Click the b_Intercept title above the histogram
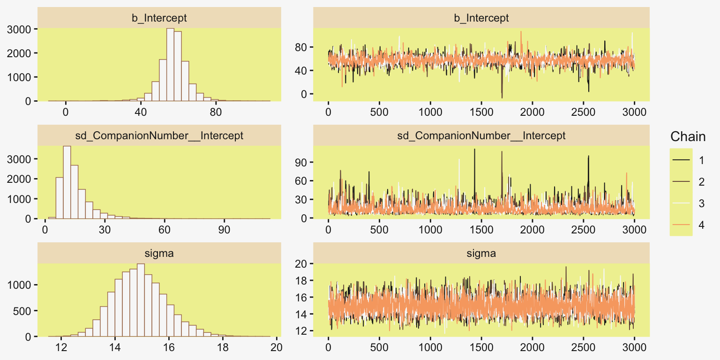coord(159,18)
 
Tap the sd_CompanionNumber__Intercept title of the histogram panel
coord(159,136)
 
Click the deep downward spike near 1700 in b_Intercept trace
coord(502,96)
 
